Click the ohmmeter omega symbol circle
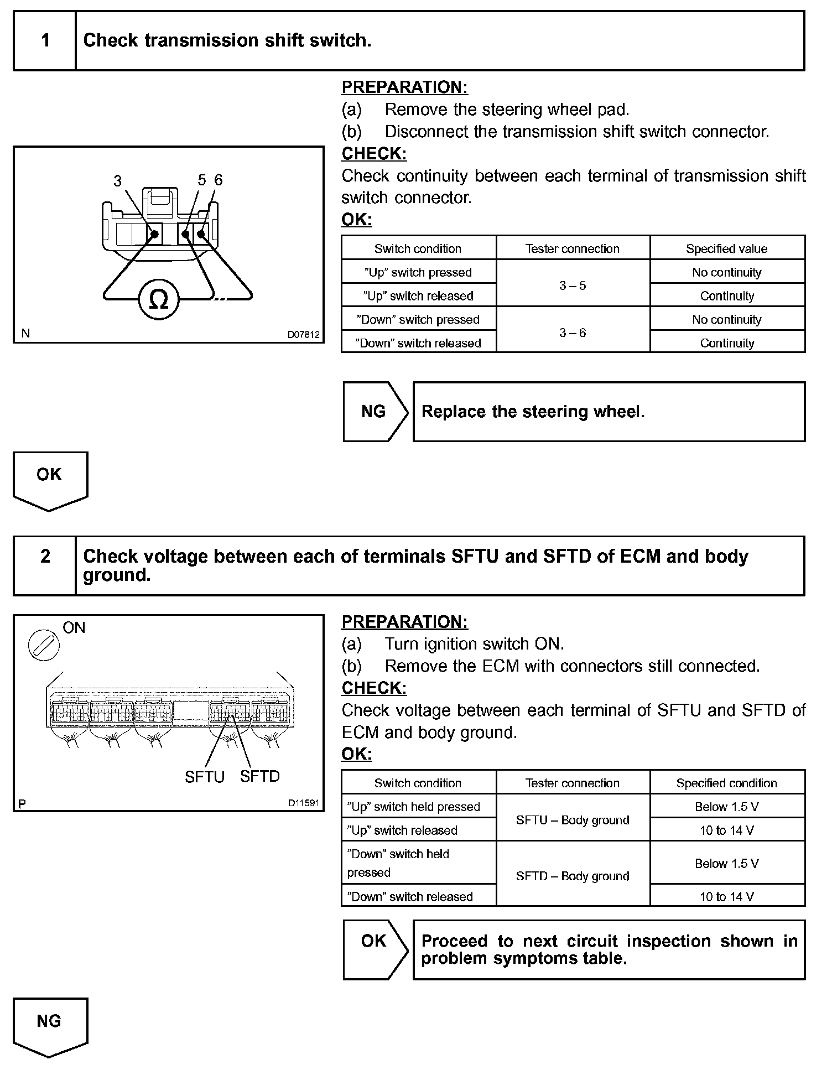158,299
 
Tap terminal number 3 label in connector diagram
117,181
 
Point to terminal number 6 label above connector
219,180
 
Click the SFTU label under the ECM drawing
205,777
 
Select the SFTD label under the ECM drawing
260,776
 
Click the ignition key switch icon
44,645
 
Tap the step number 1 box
45,41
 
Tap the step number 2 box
45,557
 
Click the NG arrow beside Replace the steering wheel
375,412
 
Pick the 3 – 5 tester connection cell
573,285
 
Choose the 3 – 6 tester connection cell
573,333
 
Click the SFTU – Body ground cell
573,820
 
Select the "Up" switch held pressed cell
414,807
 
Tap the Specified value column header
726,249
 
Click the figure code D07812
303,335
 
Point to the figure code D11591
303,803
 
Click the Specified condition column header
726,783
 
